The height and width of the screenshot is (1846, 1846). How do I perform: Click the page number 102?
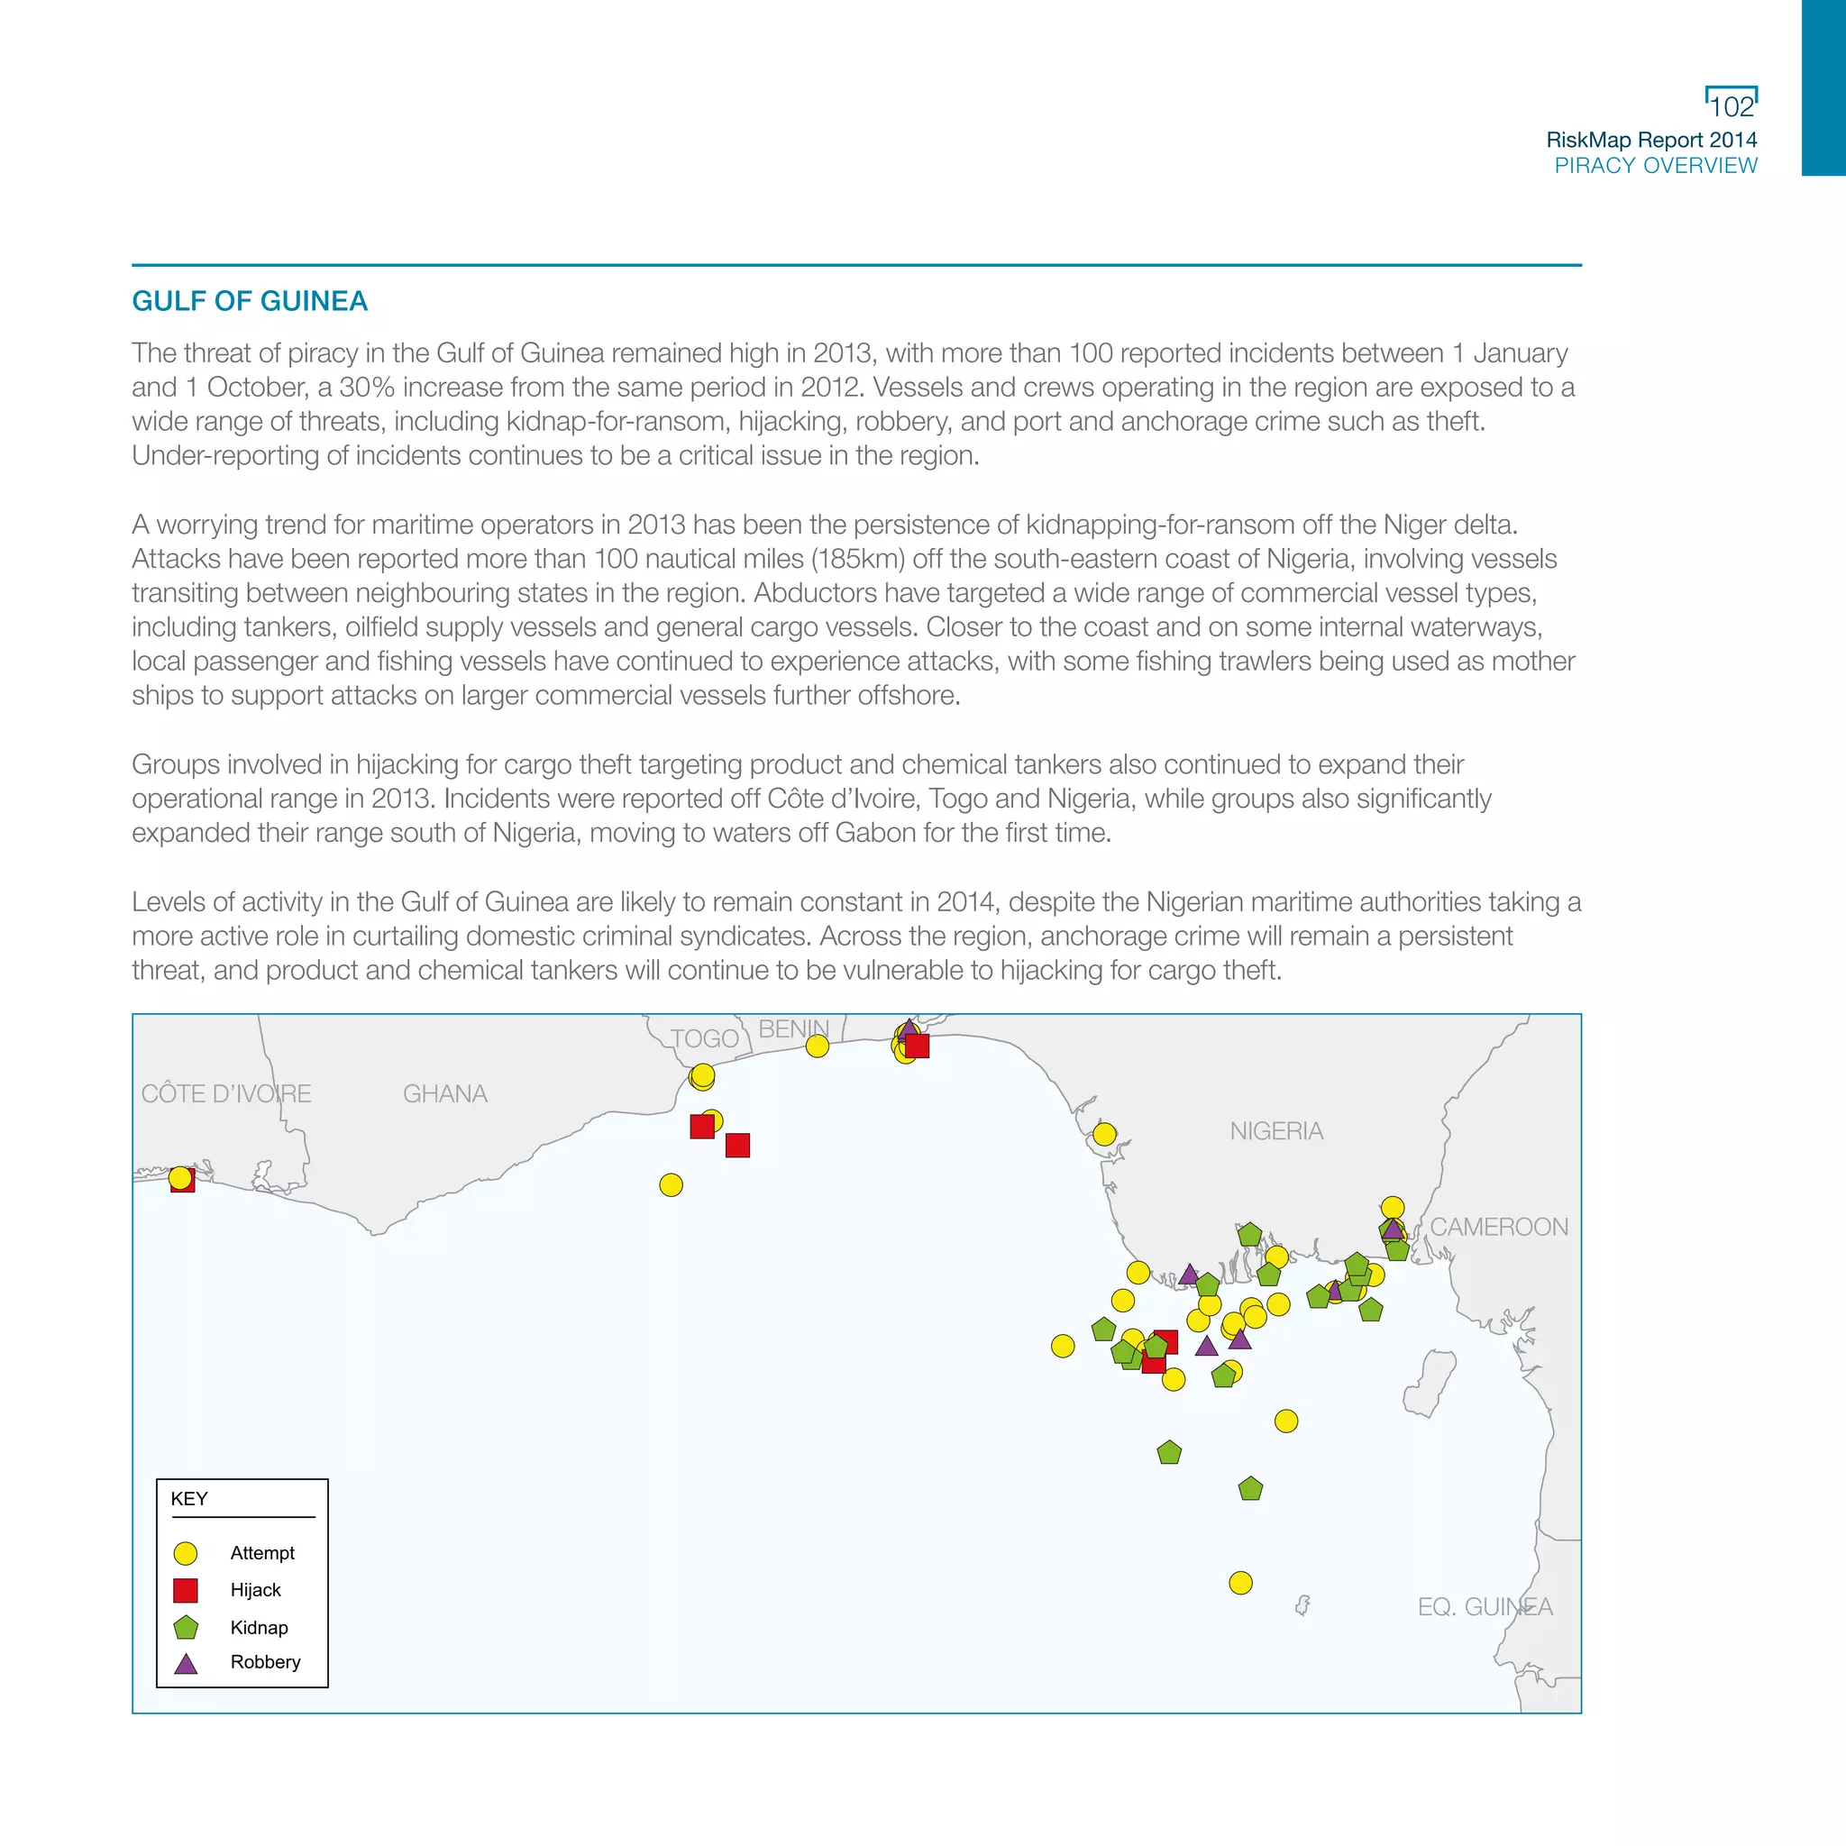[x=1732, y=106]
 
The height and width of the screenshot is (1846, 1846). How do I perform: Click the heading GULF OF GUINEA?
[x=250, y=301]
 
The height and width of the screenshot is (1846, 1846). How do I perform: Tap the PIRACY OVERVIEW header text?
[x=1655, y=165]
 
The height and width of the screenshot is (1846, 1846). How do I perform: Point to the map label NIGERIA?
[x=1275, y=1131]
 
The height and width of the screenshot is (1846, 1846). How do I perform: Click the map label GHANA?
[x=444, y=1093]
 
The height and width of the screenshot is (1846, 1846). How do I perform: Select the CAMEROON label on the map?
[x=1498, y=1227]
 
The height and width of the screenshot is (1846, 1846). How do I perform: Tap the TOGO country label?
[x=704, y=1038]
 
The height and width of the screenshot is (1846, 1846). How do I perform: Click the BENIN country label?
[x=793, y=1029]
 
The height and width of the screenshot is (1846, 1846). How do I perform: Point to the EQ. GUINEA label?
[x=1485, y=1607]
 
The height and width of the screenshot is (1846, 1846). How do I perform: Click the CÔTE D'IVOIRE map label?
[x=226, y=1093]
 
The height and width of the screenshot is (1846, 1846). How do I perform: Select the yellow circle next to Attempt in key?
[x=186, y=1553]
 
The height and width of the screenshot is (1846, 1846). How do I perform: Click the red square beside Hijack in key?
[x=186, y=1590]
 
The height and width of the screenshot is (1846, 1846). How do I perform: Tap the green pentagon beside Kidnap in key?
[x=186, y=1627]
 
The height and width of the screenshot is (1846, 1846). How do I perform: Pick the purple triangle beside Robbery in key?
[x=186, y=1664]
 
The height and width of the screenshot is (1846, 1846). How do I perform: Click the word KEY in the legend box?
[x=189, y=1498]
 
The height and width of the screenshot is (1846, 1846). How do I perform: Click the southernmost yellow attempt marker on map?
[x=1240, y=1583]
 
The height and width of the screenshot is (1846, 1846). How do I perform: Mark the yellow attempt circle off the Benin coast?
[x=817, y=1046]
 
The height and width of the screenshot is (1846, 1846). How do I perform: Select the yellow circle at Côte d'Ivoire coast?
[x=179, y=1178]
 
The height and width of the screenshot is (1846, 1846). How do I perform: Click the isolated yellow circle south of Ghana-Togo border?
[x=671, y=1184]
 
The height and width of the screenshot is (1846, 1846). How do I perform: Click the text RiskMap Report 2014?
[x=1651, y=140]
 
